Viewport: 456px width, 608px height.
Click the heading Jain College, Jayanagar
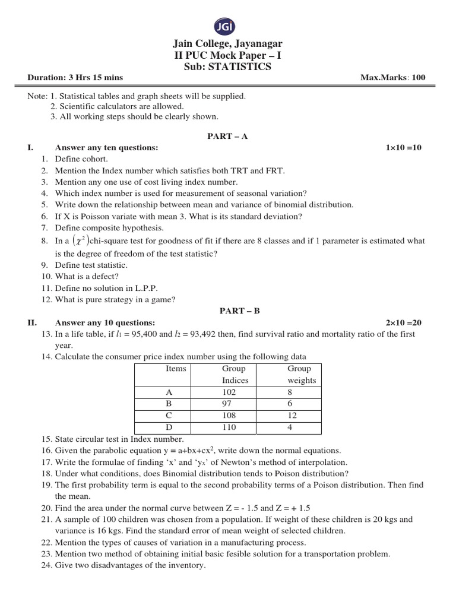click(x=227, y=44)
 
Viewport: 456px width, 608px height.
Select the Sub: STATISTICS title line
click(x=227, y=66)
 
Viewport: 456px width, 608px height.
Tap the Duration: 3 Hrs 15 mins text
click(x=75, y=78)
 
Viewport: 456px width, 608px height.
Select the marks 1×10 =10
click(x=403, y=147)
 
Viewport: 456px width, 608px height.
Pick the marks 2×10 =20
click(x=403, y=322)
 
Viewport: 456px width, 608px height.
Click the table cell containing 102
click(x=229, y=392)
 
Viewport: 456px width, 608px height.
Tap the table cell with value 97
click(x=229, y=404)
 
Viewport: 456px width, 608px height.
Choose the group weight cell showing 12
click(x=292, y=416)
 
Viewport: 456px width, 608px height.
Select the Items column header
click(x=176, y=369)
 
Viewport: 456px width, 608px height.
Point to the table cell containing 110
click(x=229, y=427)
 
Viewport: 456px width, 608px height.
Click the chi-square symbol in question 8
click(x=81, y=240)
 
